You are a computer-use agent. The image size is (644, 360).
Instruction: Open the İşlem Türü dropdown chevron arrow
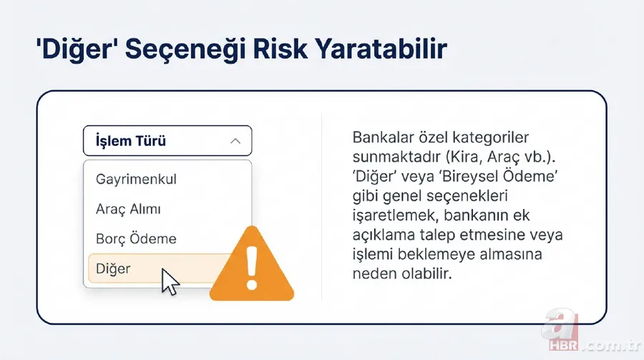coord(235,142)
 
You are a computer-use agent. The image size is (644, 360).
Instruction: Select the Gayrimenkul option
coord(136,179)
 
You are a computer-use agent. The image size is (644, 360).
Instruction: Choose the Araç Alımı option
coord(128,209)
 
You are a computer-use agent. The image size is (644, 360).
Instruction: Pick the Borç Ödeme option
coord(136,239)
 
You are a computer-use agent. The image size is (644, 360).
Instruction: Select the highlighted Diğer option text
coord(113,269)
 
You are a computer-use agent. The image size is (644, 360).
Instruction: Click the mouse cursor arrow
coord(170,281)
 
